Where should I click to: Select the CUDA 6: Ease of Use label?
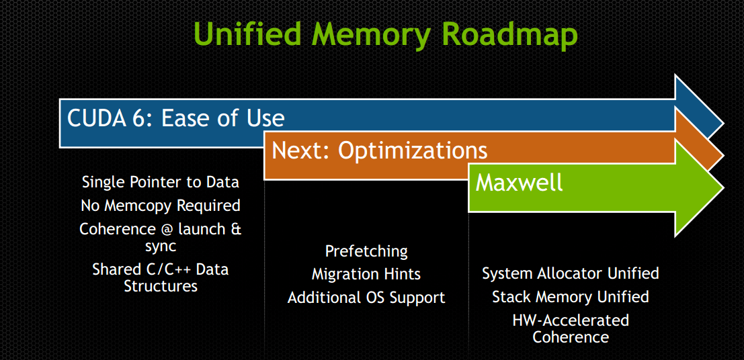tap(176, 118)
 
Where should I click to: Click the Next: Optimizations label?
tap(380, 150)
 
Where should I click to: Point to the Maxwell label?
tap(520, 182)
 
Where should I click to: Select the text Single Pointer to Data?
tap(161, 182)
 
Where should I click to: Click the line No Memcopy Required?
tap(161, 205)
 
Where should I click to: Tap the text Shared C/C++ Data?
tap(161, 269)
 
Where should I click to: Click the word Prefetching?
tap(366, 251)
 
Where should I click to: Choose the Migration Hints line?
tap(366, 274)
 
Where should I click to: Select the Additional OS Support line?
tap(366, 297)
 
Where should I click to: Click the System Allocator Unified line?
tap(571, 273)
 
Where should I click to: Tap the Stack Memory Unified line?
tap(571, 296)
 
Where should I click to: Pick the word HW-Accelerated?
tap(571, 320)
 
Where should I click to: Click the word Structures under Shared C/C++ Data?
tap(161, 286)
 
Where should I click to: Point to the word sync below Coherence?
tap(161, 246)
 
